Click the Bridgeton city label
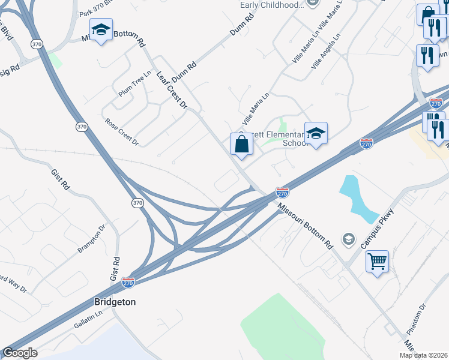click(x=114, y=302)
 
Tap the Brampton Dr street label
click(x=91, y=239)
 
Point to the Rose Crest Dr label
click(x=122, y=132)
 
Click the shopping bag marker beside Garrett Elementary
click(x=241, y=145)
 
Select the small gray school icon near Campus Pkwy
click(x=348, y=240)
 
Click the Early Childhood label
click(x=271, y=5)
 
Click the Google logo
click(x=20, y=353)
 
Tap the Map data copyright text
click(x=423, y=355)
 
